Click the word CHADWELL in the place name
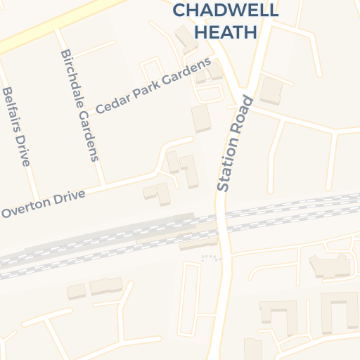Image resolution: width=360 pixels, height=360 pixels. (225, 11)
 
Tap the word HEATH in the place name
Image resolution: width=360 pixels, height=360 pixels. (225, 32)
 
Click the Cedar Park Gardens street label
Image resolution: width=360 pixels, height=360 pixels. (153, 86)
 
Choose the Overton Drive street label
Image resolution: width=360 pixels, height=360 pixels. (43, 202)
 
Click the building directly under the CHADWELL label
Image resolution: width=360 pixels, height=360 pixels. (186, 39)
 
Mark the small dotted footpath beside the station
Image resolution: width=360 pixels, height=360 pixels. (210, 257)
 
